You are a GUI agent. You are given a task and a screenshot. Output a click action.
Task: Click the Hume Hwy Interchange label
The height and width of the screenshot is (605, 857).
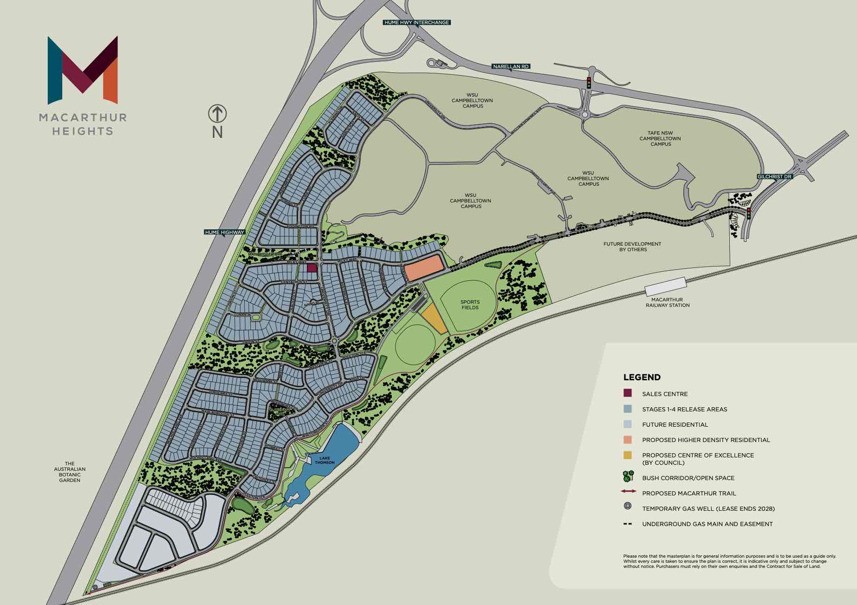(x=416, y=22)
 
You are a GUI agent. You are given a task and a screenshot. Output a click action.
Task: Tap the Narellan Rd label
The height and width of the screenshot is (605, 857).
(x=511, y=66)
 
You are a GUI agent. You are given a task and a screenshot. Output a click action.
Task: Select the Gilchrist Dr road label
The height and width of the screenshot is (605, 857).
(x=774, y=176)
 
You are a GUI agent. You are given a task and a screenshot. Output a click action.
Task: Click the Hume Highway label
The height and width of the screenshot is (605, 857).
(x=224, y=232)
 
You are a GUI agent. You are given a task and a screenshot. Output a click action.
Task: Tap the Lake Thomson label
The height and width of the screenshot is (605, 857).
(x=324, y=460)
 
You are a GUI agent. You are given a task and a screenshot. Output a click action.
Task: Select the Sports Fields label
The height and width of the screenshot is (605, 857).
(x=470, y=305)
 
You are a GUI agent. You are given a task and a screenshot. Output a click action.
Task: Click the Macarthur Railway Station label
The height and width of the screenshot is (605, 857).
(x=667, y=302)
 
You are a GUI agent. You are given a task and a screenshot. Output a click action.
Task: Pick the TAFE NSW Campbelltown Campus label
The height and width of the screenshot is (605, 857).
(x=660, y=138)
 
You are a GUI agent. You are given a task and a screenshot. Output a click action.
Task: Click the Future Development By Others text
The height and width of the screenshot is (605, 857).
(x=632, y=247)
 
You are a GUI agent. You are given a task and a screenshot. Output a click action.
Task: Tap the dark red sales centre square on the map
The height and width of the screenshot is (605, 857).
(x=312, y=267)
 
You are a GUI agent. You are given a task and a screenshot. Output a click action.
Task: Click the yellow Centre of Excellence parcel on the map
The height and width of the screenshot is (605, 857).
(x=434, y=319)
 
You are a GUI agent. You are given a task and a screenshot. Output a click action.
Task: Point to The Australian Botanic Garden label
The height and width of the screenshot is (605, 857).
(x=70, y=472)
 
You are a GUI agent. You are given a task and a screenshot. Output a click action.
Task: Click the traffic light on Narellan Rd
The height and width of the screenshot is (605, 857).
(x=589, y=83)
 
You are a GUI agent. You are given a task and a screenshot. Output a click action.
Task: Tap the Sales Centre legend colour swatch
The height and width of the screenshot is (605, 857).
(x=628, y=393)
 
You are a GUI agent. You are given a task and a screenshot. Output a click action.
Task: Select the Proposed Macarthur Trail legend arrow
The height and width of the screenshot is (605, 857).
(x=628, y=491)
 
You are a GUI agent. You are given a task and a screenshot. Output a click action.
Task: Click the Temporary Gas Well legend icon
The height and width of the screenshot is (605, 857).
(x=628, y=506)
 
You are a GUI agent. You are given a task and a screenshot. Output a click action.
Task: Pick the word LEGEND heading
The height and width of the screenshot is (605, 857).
(x=642, y=377)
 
